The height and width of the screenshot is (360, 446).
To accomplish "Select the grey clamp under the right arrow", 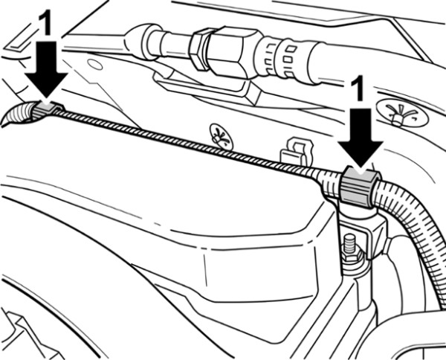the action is [359, 187].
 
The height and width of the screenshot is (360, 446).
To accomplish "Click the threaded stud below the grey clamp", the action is [349, 242].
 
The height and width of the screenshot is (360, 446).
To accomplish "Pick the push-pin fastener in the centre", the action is [221, 136].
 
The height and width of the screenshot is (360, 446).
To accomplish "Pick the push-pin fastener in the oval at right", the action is [401, 113].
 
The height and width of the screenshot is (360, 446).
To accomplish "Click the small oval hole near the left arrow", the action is [95, 64].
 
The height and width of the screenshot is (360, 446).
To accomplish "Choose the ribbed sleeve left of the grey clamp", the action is [330, 182].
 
